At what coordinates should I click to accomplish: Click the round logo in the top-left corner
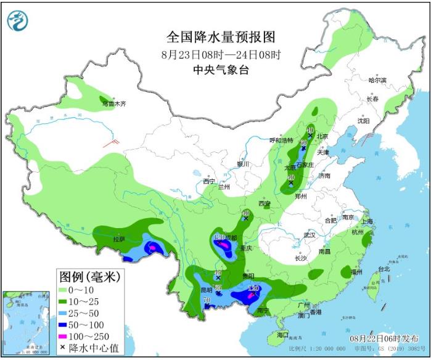pyautogui.click(x=18, y=22)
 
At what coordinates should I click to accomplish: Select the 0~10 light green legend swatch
pyautogui.click(x=66, y=289)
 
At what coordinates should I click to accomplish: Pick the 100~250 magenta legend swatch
pyautogui.click(x=66, y=337)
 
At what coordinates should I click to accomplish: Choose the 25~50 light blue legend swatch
pyautogui.click(x=66, y=313)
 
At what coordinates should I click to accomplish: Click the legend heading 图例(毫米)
pyautogui.click(x=89, y=275)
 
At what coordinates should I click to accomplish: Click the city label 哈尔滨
pyautogui.click(x=376, y=80)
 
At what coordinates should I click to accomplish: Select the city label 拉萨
pyautogui.click(x=118, y=239)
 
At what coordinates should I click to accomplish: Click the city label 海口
pyautogui.click(x=282, y=335)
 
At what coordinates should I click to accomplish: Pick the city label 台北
pyautogui.click(x=384, y=269)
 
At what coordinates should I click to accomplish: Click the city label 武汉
pyautogui.click(x=309, y=235)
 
